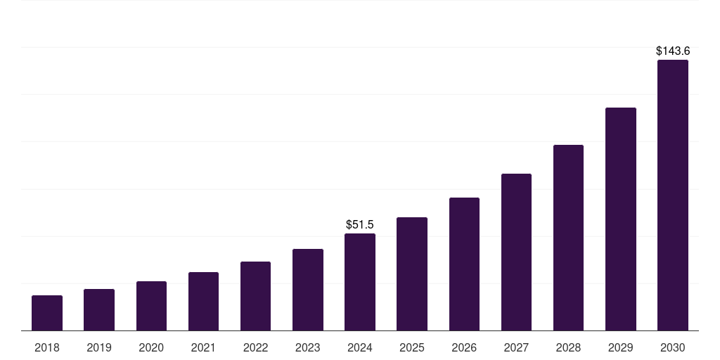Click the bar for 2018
click(47, 313)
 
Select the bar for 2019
click(99, 309)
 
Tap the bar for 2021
click(203, 301)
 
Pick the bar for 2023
click(308, 290)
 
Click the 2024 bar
click(360, 282)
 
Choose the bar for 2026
click(464, 264)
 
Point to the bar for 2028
click(568, 238)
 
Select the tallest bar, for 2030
click(673, 195)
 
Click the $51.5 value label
click(360, 224)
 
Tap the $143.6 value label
click(673, 51)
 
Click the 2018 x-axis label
click(47, 347)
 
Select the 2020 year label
click(151, 347)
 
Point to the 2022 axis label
click(255, 347)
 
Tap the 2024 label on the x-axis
click(360, 347)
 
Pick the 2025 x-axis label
click(412, 347)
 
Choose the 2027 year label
click(516, 347)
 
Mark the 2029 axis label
click(620, 347)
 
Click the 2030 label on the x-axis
click(673, 347)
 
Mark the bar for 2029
click(620, 219)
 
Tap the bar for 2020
click(151, 306)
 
